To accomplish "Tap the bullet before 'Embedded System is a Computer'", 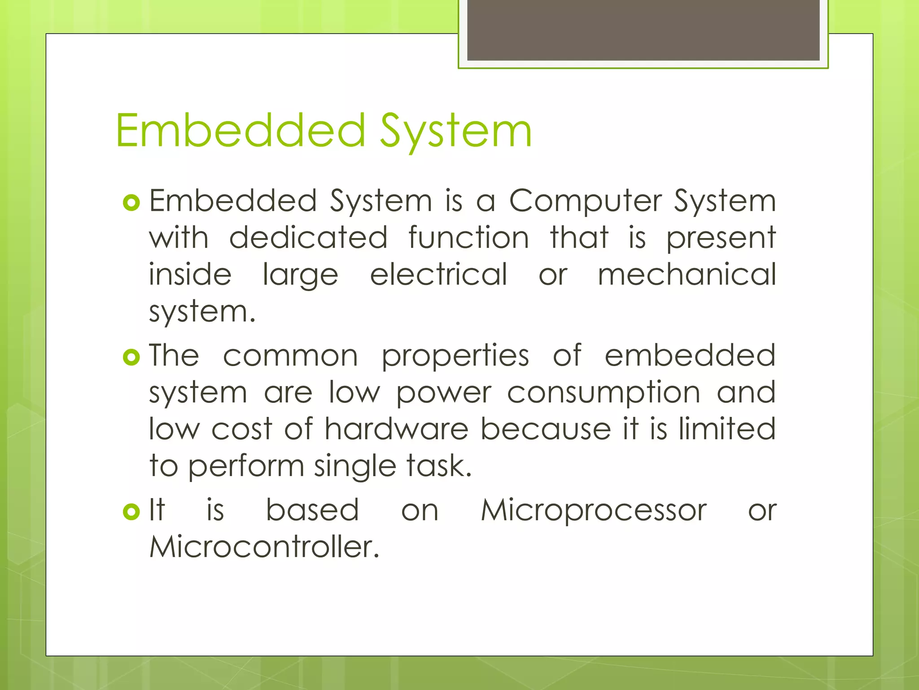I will click(131, 203).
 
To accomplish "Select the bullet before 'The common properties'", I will click(131, 358).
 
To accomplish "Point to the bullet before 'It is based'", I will click(131, 512).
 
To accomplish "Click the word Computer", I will click(586, 201).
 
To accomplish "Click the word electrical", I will click(439, 274).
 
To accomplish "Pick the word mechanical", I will click(687, 274).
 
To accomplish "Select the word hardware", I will click(397, 429).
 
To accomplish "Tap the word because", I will click(546, 429).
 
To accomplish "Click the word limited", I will click(727, 429).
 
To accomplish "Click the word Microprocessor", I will click(594, 511).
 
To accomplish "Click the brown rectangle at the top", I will click(643, 30).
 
